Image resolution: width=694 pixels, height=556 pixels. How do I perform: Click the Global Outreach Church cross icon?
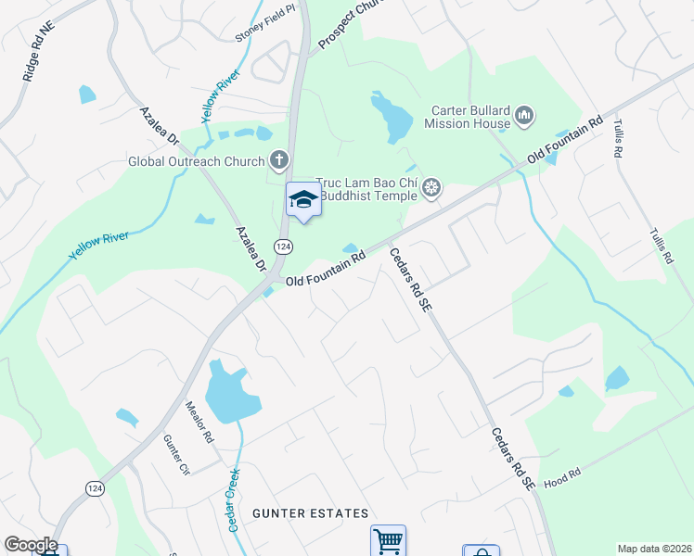pos(276,160)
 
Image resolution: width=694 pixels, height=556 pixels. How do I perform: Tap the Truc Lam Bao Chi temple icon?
pos(431,189)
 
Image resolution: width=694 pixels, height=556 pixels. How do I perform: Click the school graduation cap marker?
pos(303,198)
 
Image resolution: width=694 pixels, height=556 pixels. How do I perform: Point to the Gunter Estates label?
pos(310,513)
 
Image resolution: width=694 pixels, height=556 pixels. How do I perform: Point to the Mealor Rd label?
pos(199,422)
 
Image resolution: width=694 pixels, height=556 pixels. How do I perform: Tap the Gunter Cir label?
pos(175,456)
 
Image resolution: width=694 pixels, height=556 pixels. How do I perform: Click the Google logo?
pos(31,545)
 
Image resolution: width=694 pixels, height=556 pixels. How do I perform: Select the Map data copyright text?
pos(654,549)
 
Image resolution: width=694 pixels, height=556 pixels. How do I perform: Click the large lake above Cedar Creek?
pos(226,390)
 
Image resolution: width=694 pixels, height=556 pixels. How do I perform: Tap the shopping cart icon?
pos(388,540)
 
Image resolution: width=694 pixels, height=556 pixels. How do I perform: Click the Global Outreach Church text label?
pos(196,161)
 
